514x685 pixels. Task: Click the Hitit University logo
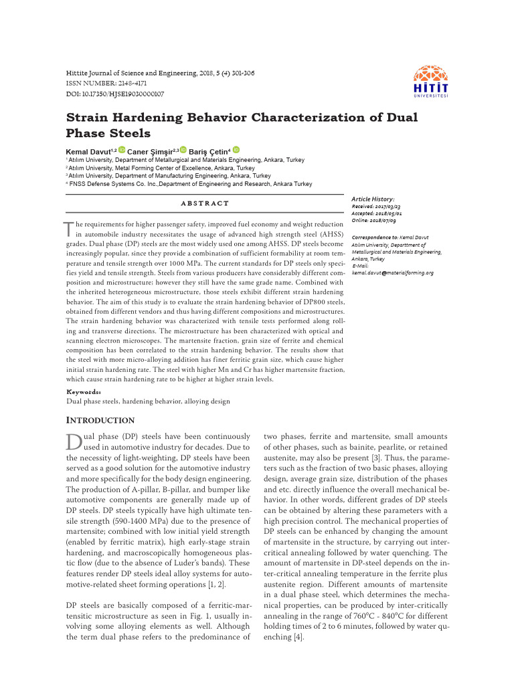click(430, 81)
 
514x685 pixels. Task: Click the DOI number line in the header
click(115, 94)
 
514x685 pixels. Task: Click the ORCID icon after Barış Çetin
click(236, 151)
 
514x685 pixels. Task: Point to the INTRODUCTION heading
click(100, 420)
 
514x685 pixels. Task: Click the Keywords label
click(84, 392)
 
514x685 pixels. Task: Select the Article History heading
click(373, 199)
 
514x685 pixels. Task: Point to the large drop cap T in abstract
click(70, 230)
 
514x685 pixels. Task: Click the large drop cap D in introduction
click(74, 442)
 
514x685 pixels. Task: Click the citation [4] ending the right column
click(298, 638)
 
